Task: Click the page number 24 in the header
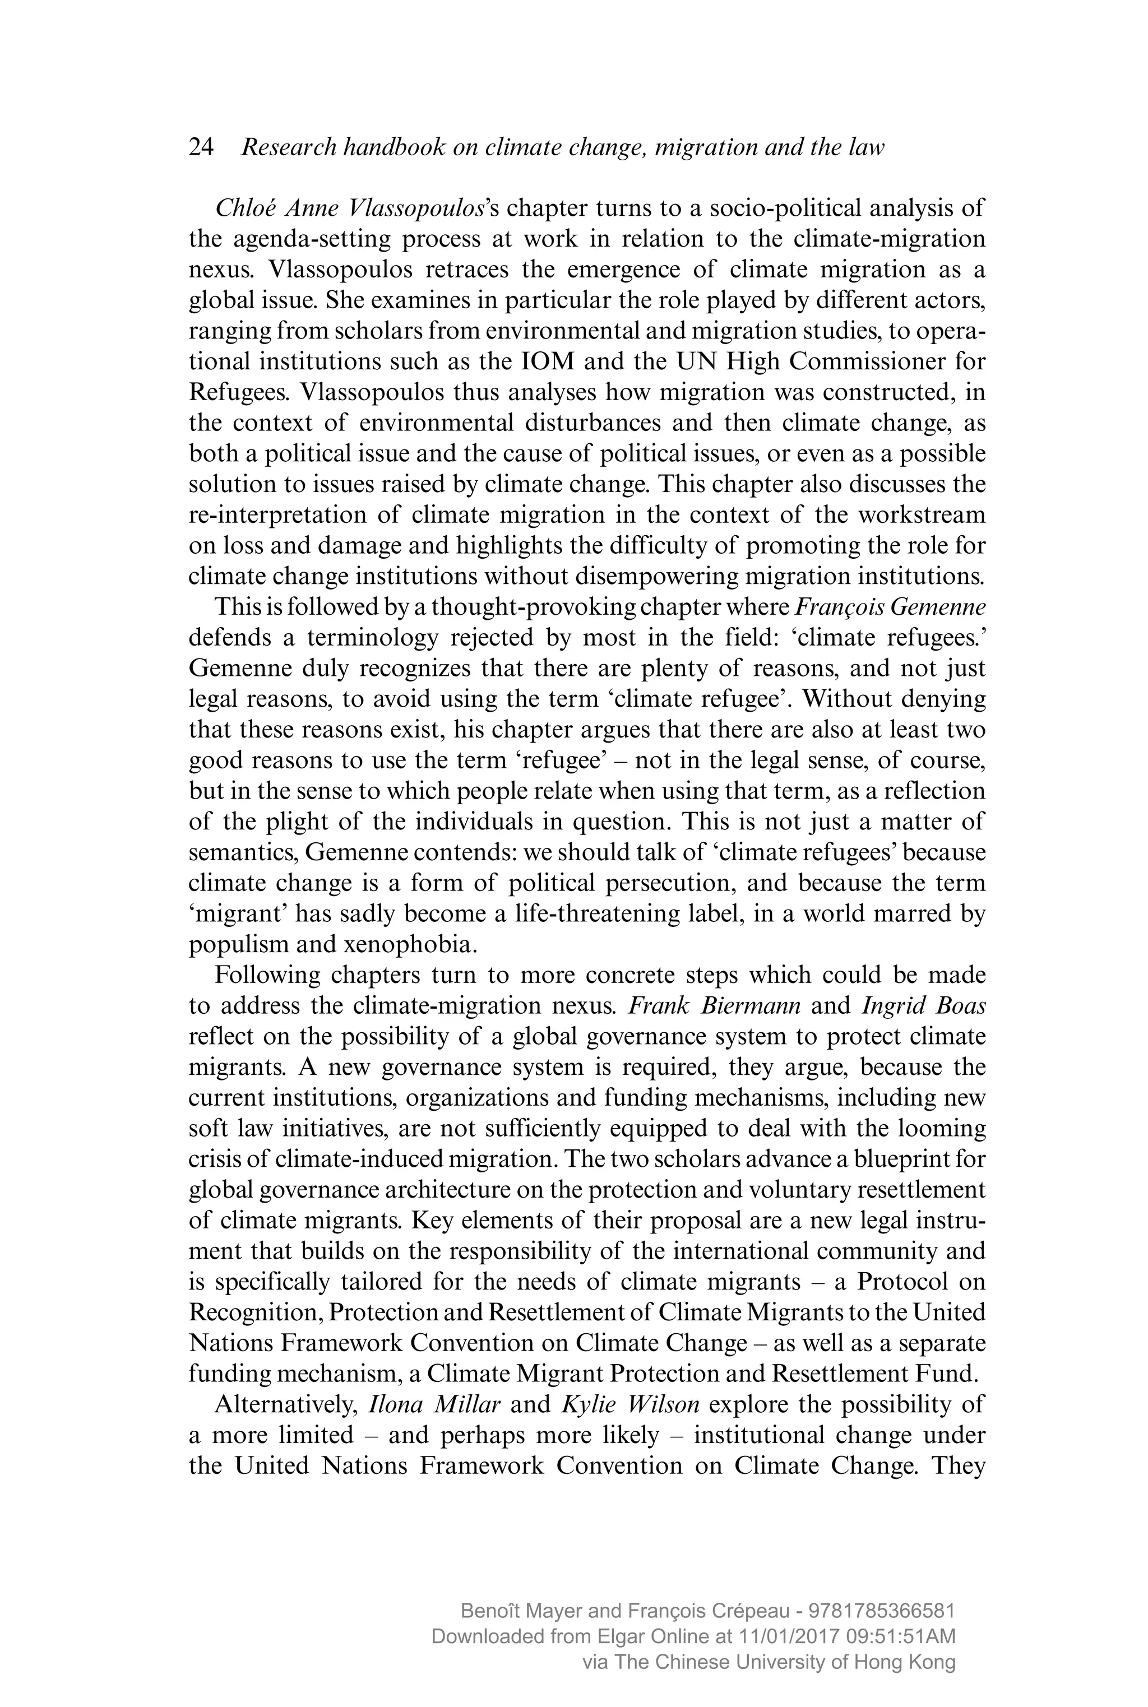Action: [201, 148]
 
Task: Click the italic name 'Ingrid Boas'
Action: [923, 1006]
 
